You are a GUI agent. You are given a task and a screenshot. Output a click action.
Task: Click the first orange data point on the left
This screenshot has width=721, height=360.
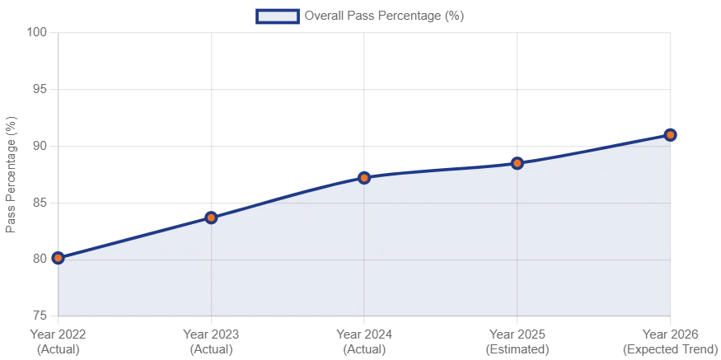pos(58,258)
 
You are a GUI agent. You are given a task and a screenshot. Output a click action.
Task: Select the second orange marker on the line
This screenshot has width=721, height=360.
pos(211,217)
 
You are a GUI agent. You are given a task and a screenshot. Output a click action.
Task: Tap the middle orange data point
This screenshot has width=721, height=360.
pos(363,177)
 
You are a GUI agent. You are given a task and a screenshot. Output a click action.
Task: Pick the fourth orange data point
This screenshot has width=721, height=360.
pos(517,163)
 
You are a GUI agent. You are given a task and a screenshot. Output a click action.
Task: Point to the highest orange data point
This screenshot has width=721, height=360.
pos(671,134)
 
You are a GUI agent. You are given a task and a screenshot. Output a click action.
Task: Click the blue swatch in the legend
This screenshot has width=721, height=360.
pos(277,16)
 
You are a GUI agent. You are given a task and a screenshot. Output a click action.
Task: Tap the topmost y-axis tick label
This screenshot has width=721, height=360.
pos(38,33)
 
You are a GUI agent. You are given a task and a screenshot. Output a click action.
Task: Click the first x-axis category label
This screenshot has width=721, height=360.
pos(57,342)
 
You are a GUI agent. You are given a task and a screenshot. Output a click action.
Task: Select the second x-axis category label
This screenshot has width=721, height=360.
pos(211,342)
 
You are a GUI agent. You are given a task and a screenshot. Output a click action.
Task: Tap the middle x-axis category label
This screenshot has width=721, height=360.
pos(364,342)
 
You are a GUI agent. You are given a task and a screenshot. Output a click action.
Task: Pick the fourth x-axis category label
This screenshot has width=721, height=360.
pos(517,342)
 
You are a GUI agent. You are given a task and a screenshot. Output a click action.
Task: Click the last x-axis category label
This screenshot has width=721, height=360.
pos(670,342)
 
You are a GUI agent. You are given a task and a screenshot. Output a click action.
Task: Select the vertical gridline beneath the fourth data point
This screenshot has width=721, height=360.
pos(517,239)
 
